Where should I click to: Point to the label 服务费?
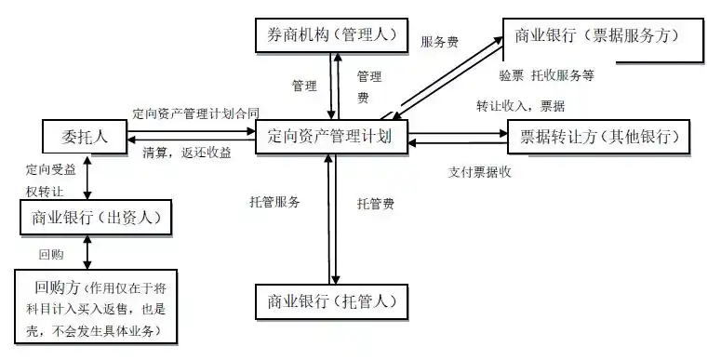pyautogui.click(x=439, y=42)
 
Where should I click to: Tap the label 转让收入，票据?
pyautogui.click(x=520, y=104)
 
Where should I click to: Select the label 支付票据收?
pyautogui.click(x=479, y=172)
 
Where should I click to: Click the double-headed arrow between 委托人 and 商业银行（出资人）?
pyautogui.click(x=87, y=178)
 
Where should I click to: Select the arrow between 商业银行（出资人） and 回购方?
pyautogui.click(x=87, y=250)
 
